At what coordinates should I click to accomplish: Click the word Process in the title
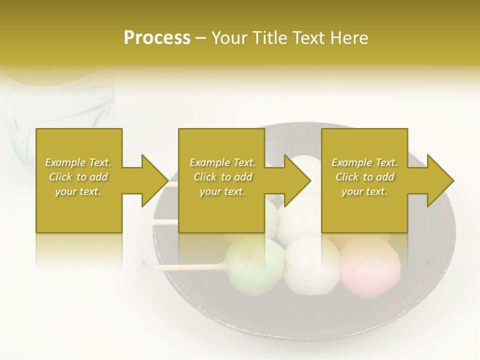pos(157,38)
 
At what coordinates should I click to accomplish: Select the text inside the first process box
pos(78,177)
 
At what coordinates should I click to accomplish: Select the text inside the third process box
pos(364,177)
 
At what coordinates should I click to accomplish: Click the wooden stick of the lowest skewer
pos(190,267)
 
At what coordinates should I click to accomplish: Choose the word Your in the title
pos(229,38)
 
